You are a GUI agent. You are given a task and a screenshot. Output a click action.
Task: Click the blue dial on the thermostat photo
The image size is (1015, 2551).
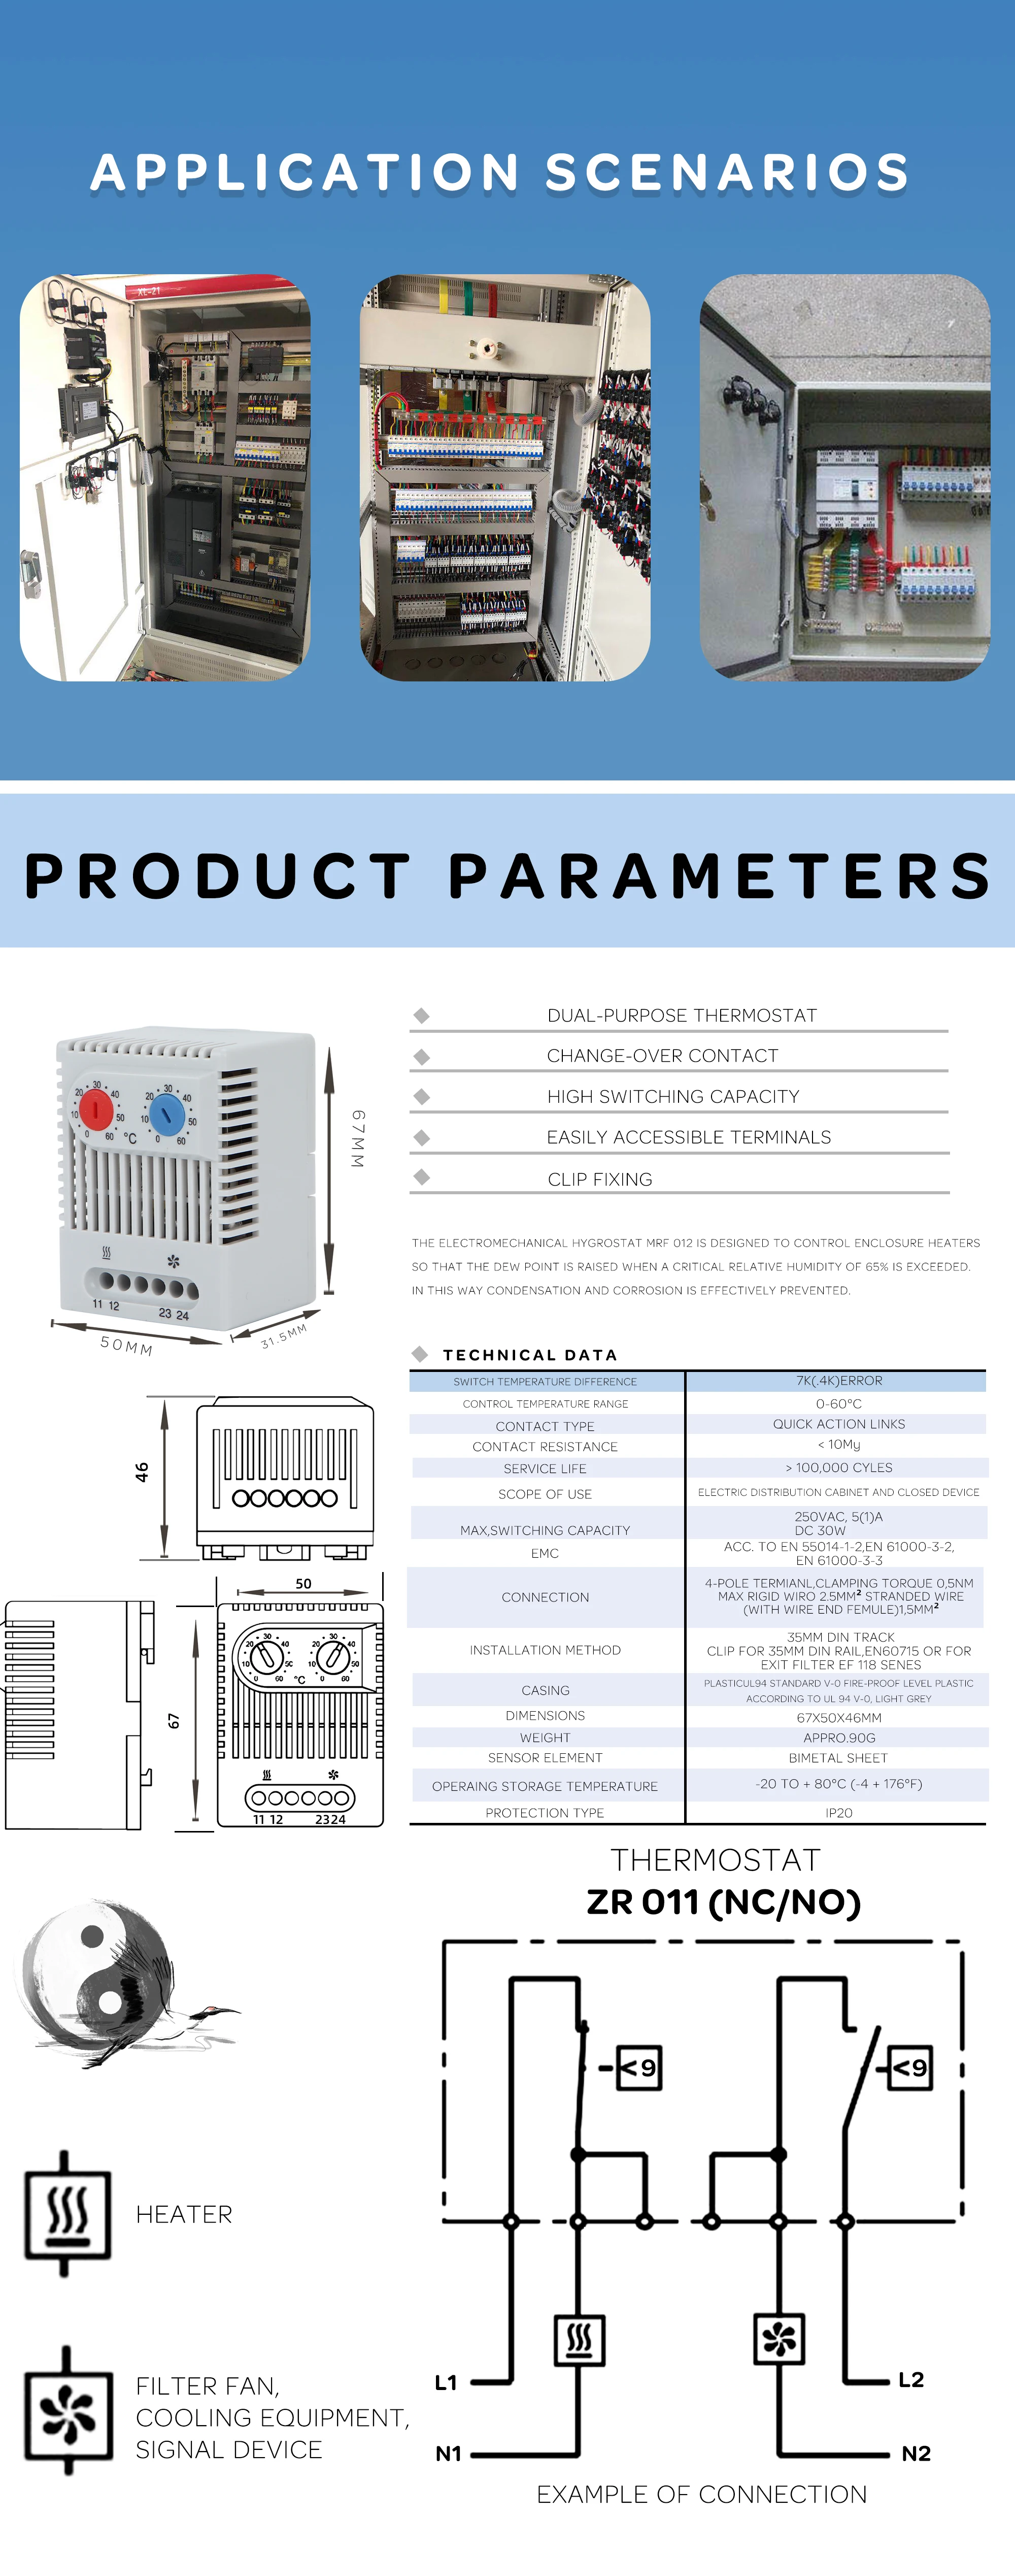(x=167, y=1114)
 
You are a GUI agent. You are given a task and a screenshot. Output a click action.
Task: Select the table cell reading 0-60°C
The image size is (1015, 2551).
(x=838, y=1403)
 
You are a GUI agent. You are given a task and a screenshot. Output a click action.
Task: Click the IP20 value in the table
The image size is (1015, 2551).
(x=838, y=1812)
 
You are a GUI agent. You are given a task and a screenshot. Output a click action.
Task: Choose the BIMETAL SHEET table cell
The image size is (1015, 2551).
(x=838, y=1758)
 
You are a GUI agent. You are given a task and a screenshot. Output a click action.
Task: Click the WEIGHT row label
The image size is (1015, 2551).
(x=545, y=1737)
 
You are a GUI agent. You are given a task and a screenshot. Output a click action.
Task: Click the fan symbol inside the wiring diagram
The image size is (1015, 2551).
(x=780, y=2339)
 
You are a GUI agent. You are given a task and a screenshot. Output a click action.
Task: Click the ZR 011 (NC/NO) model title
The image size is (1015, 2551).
(x=723, y=1902)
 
